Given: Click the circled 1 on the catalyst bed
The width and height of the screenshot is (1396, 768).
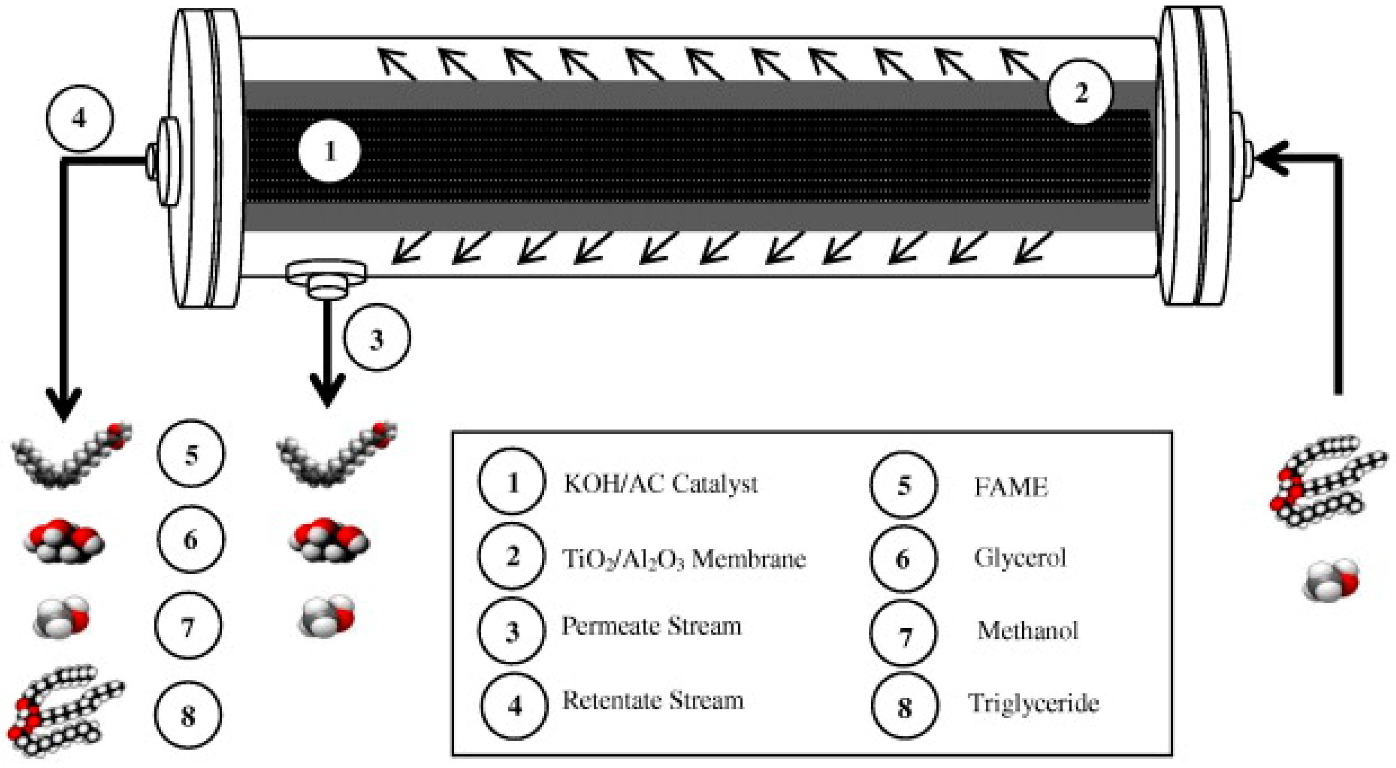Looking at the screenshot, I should [x=330, y=152].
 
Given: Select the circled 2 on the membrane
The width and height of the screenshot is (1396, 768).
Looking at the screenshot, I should [x=1079, y=93].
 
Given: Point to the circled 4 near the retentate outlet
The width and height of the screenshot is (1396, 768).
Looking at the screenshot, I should [x=80, y=118].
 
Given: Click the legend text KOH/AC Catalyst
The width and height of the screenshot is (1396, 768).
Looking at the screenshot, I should [x=660, y=483].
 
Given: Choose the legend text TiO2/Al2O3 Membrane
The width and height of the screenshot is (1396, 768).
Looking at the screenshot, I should [x=684, y=558].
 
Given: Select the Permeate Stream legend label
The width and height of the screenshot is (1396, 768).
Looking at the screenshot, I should [x=651, y=627].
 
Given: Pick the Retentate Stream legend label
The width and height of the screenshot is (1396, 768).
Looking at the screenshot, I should [x=653, y=700].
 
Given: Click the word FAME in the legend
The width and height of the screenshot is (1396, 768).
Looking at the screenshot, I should [x=1011, y=487].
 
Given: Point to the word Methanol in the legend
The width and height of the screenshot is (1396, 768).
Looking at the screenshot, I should [x=1028, y=631].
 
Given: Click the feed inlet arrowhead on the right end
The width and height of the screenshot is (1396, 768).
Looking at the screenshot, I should [x=1271, y=158].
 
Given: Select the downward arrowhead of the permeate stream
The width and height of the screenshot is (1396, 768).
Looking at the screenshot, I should [x=327, y=393].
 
